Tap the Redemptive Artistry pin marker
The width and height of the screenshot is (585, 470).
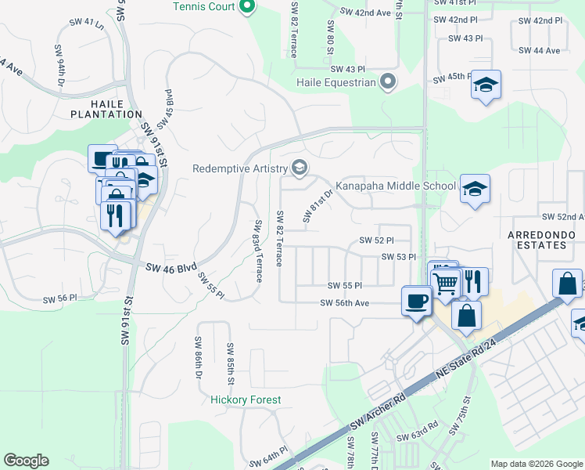(299, 168)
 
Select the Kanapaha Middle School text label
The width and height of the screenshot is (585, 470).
(395, 186)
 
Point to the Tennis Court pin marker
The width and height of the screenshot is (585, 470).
(249, 8)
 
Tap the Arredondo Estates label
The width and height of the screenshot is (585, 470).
(537, 240)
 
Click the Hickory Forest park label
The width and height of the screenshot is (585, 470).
(246, 399)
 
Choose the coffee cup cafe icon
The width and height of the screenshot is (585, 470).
(416, 299)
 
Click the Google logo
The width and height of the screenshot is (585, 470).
(26, 461)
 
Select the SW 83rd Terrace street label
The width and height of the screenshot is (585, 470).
(257, 251)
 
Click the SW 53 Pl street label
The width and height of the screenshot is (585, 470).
(397, 257)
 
